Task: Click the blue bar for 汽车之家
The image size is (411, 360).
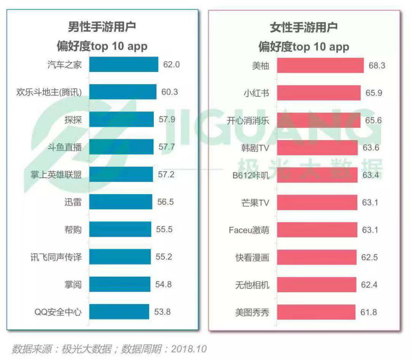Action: tap(123, 65)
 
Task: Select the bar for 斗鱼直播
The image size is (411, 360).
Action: tap(121, 147)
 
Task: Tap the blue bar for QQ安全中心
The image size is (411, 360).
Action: tap(119, 312)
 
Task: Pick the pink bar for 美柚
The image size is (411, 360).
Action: tap(320, 65)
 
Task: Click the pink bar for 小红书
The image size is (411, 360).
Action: tap(319, 93)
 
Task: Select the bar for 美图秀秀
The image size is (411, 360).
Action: tap(316, 312)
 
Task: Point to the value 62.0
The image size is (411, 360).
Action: tap(172, 65)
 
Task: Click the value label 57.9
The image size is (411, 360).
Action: tap(167, 119)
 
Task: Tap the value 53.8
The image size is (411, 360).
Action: tap(162, 312)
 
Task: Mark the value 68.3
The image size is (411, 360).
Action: tap(377, 65)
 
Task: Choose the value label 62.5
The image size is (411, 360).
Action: tap(369, 257)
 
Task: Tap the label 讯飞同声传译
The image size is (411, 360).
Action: tap(55, 257)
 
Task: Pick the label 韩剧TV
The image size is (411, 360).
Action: tap(254, 148)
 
